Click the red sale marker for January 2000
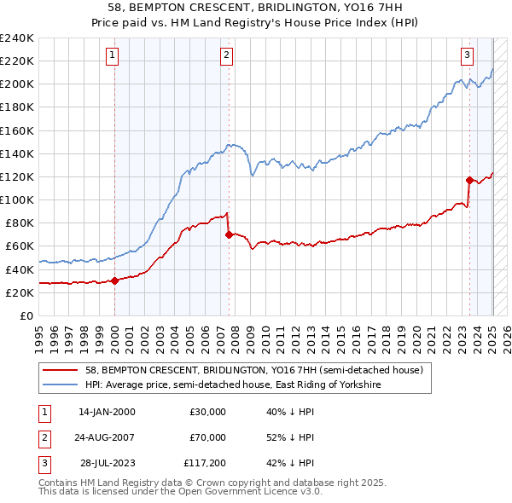(115, 281)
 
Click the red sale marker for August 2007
(229, 234)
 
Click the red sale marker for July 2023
(469, 180)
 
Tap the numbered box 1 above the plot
(113, 56)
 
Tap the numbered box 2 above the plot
(226, 56)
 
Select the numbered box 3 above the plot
(468, 56)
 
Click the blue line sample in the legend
(61, 384)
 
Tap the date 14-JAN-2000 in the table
(107, 412)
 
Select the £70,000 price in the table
(207, 437)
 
